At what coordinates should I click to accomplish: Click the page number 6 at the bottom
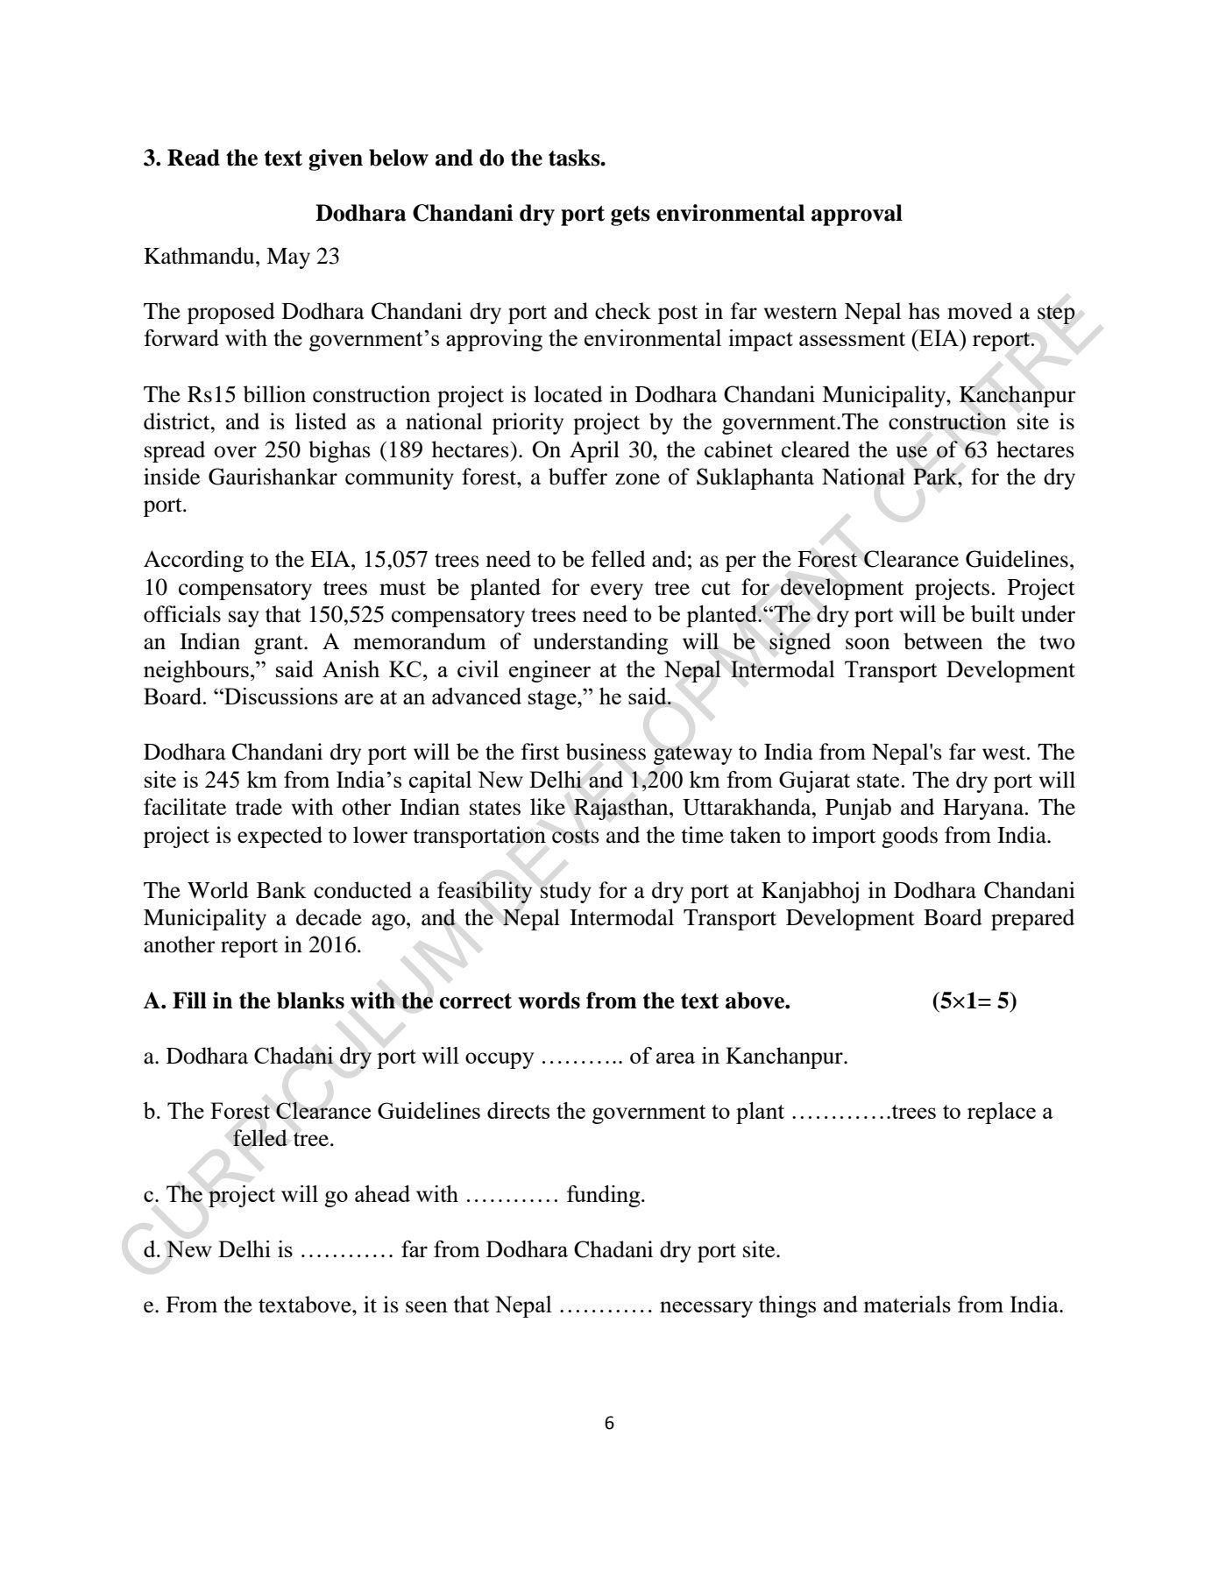tap(610, 1424)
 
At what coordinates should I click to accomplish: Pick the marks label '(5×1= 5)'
tap(974, 1001)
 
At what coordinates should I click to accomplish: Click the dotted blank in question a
tap(581, 1057)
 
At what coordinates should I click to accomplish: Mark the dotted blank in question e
tap(605, 1306)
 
